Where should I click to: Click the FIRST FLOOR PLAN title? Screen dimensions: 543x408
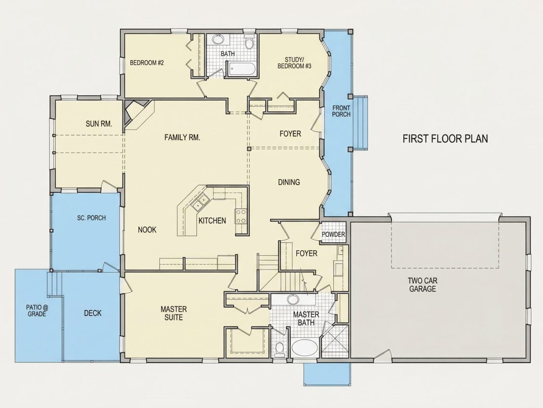445,139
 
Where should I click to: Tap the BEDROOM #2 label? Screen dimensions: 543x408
147,63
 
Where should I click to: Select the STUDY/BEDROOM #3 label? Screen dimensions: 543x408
294,63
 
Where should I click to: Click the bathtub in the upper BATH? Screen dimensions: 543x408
242,69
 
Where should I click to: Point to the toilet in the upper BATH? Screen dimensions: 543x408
249,42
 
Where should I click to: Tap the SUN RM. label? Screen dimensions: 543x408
99,124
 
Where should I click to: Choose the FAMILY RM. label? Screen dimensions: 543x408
182,137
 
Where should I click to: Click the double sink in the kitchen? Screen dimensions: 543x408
200,202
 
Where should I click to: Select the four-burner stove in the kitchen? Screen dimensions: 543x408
241,217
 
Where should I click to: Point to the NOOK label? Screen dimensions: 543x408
147,229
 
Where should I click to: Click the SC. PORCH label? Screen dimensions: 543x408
91,218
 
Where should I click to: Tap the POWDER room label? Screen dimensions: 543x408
334,234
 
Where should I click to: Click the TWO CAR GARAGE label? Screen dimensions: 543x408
423,284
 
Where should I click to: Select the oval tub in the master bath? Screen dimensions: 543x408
305,347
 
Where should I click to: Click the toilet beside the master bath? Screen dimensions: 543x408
279,348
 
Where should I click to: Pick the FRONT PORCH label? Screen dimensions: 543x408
341,111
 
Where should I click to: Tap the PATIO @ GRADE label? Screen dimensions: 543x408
36,310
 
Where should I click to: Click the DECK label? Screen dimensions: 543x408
93,313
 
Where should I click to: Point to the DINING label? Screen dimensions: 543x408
289,182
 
